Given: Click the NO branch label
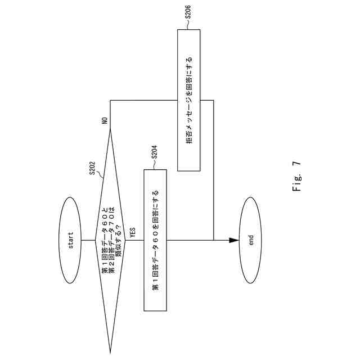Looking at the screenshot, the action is click(105, 120).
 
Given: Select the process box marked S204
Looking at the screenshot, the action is click(156, 240).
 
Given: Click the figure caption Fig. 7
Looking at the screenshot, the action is click(296, 178).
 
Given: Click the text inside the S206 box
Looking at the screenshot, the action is click(189, 100).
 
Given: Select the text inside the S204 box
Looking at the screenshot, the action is click(156, 240).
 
